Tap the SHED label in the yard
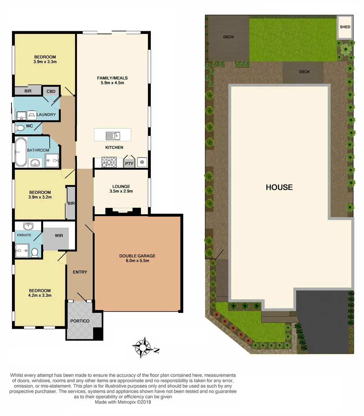tap(345, 27)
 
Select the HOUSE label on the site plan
tap(279, 188)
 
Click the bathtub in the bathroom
tap(21, 151)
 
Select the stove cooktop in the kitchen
tap(109, 163)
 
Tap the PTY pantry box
tap(129, 163)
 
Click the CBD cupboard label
tap(51, 91)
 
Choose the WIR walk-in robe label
tap(59, 235)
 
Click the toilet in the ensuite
tap(35, 252)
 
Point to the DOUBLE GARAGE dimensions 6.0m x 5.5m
tap(137, 261)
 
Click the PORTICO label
tap(80, 321)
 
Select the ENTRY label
tap(80, 272)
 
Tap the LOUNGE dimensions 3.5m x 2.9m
tap(121, 191)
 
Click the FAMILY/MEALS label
tap(112, 78)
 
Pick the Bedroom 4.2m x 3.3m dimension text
tap(40, 295)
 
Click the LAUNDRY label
tap(46, 114)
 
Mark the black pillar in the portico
tap(98, 332)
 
